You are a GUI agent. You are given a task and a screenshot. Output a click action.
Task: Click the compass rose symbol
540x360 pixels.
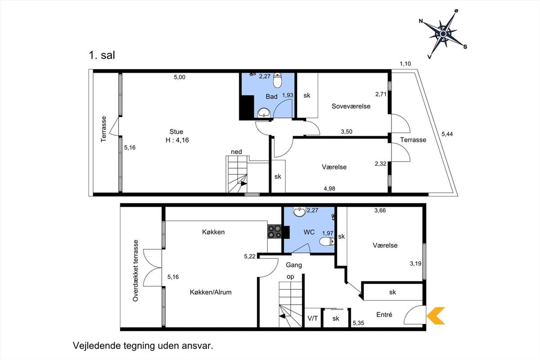point(443,34)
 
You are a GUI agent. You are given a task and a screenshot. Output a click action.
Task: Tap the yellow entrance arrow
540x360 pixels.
point(436,315)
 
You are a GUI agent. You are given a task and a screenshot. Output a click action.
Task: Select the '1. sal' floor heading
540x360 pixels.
point(102,55)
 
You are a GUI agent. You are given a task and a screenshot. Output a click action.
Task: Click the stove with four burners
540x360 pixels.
point(274,231)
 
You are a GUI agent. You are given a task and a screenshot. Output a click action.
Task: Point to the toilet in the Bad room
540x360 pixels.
point(278,80)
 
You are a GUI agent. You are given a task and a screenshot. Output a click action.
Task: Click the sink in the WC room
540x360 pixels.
point(299,211)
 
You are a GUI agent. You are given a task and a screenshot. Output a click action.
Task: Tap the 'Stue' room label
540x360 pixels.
point(176,132)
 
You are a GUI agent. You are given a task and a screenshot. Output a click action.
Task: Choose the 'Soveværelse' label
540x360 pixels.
point(351,106)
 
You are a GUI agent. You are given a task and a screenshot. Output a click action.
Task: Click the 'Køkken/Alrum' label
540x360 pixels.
point(211,292)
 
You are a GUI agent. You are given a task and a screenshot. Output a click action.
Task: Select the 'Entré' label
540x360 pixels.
point(384,315)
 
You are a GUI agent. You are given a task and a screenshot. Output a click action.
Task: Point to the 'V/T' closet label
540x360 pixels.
point(313,319)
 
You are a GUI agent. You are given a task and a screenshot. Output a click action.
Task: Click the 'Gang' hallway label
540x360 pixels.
point(294,265)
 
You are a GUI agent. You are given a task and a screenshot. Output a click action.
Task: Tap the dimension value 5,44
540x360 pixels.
point(447,134)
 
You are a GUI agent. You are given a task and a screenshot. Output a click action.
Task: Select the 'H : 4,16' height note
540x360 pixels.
point(177,140)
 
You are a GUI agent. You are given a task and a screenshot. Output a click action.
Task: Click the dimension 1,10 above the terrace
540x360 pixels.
point(405,64)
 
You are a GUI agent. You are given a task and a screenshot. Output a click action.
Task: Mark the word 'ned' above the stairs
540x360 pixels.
point(236,152)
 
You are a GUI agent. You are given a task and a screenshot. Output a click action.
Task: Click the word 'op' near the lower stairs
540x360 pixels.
point(291,277)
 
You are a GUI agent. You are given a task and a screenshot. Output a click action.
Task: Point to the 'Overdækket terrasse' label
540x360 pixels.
point(136,270)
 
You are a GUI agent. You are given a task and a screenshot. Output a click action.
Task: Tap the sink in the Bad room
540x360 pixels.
point(264,112)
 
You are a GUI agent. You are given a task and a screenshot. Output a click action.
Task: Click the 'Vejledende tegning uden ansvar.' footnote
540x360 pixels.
point(143,346)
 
